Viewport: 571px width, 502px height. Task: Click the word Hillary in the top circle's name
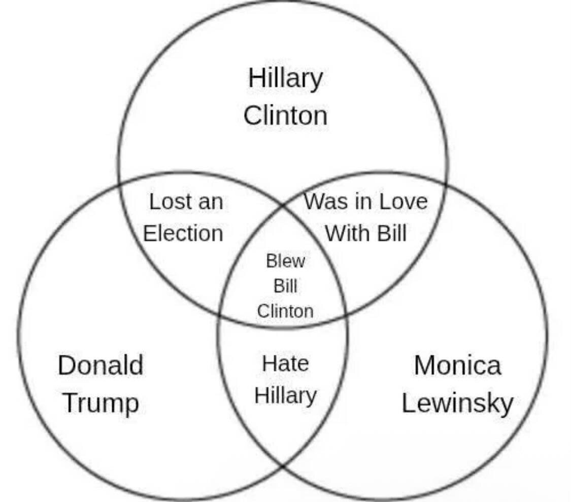(285, 79)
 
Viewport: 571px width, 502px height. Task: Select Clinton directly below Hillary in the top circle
(285, 116)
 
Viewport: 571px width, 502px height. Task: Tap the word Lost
(170, 202)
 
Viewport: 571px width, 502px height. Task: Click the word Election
(183, 234)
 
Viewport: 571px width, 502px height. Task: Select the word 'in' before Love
(360, 202)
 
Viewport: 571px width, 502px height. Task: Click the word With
(345, 234)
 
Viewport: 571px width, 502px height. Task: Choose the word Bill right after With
(392, 234)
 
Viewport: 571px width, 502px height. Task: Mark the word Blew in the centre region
(285, 262)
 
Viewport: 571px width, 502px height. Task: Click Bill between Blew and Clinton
(285, 286)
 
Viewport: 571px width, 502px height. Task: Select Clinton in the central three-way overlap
(285, 311)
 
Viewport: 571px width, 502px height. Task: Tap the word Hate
(285, 364)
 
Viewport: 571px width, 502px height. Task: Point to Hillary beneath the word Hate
(285, 396)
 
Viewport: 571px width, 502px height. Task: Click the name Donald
(100, 366)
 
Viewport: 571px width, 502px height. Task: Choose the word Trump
(100, 404)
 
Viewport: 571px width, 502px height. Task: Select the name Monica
(457, 366)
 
